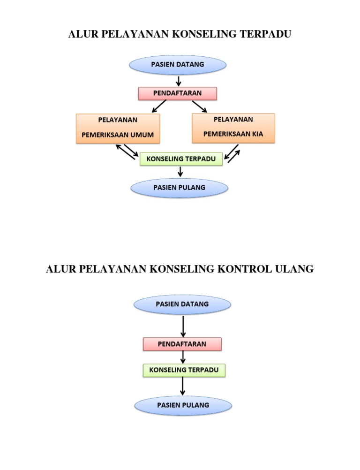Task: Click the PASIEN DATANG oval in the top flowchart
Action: [x=177, y=65]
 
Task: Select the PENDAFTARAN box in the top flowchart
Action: [x=177, y=93]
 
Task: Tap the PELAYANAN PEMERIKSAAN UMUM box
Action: [x=118, y=128]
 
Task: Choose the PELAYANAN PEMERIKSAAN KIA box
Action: [x=233, y=128]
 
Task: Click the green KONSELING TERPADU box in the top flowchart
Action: [x=181, y=159]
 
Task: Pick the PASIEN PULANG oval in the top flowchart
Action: [x=179, y=188]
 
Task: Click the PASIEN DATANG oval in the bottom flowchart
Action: [x=182, y=304]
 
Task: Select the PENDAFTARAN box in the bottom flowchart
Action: [x=182, y=344]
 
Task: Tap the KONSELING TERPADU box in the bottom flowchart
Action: [x=184, y=370]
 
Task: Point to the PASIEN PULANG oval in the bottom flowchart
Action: [x=183, y=405]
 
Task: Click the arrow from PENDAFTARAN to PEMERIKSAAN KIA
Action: [x=199, y=106]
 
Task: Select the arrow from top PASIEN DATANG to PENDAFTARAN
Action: [x=179, y=81]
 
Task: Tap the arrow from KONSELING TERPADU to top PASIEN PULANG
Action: [x=180, y=172]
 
